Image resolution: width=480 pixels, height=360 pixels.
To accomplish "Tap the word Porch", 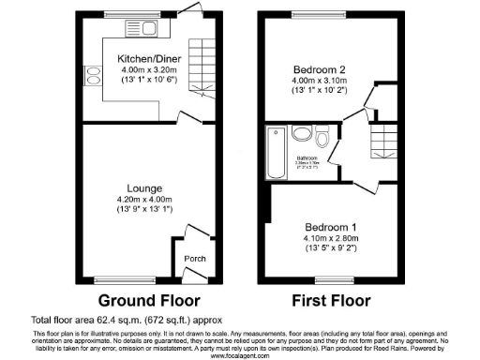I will [194, 260].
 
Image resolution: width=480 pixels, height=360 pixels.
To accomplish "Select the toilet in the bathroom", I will [322, 142].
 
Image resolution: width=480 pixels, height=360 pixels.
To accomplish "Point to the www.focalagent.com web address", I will [240, 355].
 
